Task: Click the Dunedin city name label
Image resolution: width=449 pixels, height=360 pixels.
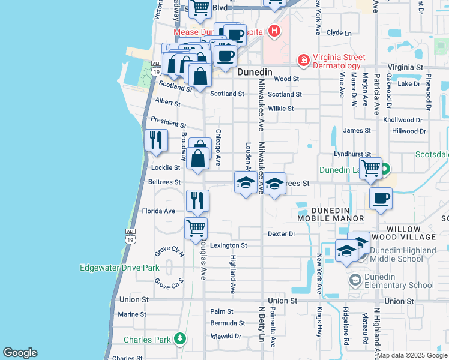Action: pos(255,72)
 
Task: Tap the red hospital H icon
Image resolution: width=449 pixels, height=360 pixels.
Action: pos(274,31)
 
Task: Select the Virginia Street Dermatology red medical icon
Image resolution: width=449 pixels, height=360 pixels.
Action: pos(304,61)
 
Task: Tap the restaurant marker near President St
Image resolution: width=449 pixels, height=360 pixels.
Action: pos(156,140)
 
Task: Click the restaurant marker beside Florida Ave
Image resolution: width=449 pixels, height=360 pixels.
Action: pos(197,201)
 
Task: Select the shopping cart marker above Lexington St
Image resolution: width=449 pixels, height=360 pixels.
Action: pos(196,229)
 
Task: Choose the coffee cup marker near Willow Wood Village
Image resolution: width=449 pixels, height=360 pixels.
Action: pos(381,199)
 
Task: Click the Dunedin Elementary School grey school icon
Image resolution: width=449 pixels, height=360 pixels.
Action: pos(355,280)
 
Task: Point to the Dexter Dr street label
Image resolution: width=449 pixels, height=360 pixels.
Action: pos(282,233)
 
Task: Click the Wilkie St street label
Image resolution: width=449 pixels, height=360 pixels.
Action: pos(280,109)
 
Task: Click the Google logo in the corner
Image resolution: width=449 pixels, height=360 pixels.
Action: pos(20,353)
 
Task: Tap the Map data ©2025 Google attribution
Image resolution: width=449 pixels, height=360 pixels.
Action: pos(412,355)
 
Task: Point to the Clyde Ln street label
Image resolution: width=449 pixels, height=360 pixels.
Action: pos(339,33)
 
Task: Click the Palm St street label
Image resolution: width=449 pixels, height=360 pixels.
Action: pos(221,311)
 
